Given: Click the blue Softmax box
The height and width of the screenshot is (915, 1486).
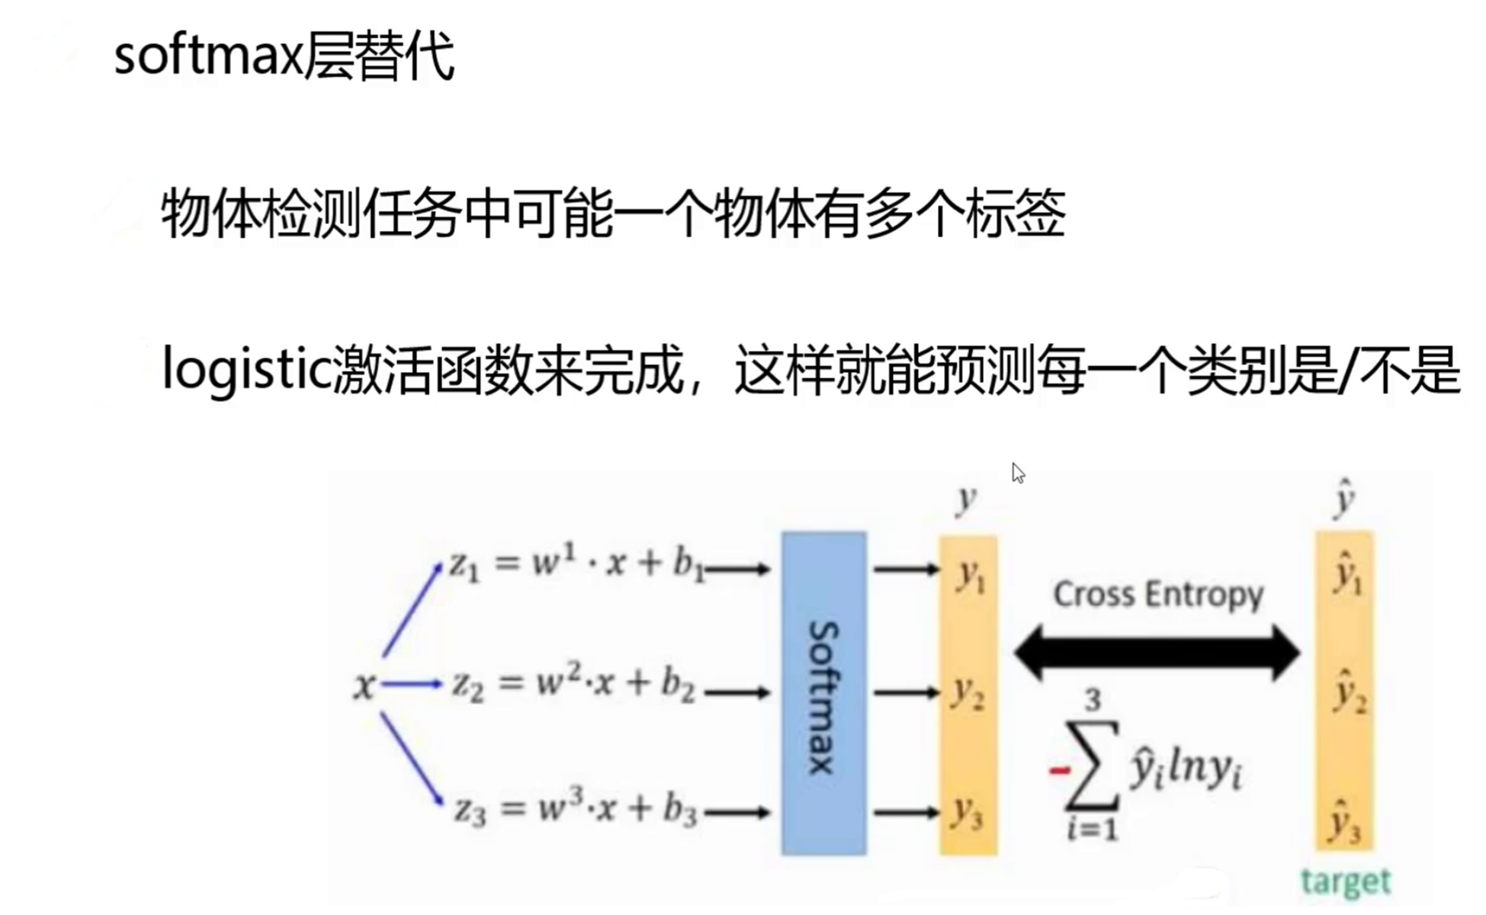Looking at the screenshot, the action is coord(823,693).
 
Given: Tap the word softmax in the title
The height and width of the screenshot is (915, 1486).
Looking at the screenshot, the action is coord(208,57).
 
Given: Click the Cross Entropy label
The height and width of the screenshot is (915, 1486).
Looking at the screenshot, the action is coord(1158,594).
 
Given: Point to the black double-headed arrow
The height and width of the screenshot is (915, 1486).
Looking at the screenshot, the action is coord(1157,653).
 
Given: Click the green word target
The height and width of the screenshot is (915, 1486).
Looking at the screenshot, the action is coord(1345,882).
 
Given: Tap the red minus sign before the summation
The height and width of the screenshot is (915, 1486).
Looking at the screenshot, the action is coord(1059,771).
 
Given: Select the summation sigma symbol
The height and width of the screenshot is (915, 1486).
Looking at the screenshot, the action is coord(1093,766).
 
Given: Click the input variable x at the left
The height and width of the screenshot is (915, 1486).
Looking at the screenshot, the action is coord(364,685).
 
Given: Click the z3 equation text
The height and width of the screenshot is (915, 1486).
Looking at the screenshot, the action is coord(576,809).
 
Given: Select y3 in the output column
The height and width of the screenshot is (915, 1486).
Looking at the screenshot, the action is coord(967,814).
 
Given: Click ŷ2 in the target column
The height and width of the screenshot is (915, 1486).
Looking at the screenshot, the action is coord(1347,692).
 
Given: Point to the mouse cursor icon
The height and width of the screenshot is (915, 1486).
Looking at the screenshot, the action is coord(1018,473).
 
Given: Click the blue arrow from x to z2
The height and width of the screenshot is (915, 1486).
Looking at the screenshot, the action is coord(412,684).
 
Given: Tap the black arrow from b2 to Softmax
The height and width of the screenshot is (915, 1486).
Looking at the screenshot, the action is coord(737,693).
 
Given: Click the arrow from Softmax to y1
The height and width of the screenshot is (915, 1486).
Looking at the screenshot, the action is coord(906,569).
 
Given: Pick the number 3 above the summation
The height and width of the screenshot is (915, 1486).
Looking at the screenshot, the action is coord(1093,700).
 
